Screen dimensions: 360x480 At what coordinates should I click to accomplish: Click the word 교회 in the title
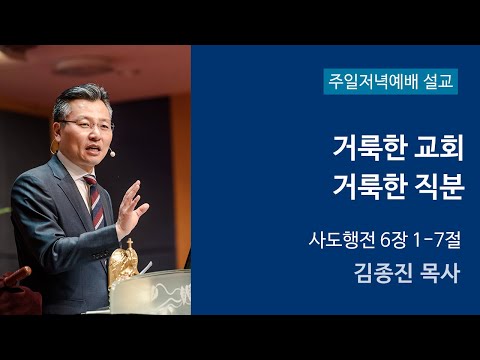click(429, 149)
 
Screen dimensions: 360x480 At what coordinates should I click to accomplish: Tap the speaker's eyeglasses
click(88, 124)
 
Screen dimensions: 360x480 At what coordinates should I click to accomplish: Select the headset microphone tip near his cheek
click(112, 153)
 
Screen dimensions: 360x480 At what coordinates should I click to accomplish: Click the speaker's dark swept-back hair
click(75, 98)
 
